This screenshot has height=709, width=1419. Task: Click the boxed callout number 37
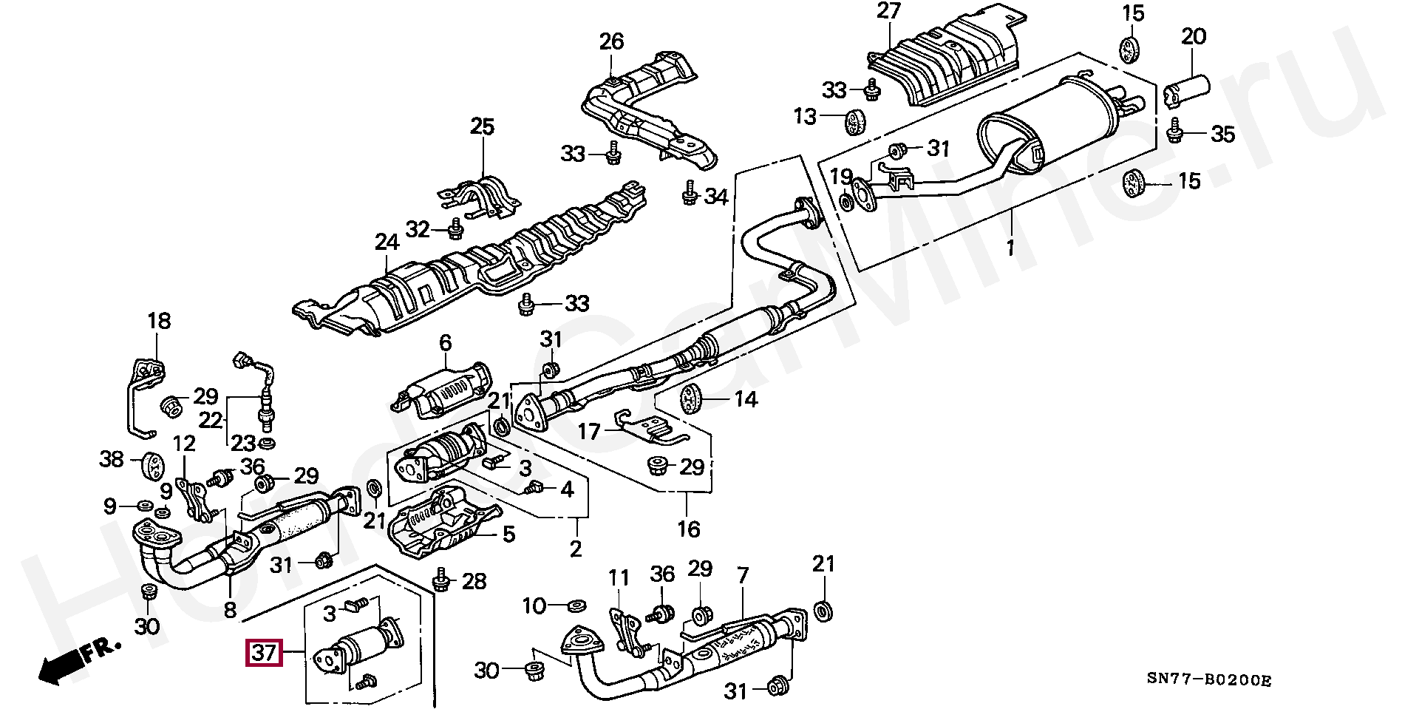(x=264, y=653)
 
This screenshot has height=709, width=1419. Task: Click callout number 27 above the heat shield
(x=889, y=13)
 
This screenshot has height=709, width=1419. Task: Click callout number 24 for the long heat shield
(x=386, y=242)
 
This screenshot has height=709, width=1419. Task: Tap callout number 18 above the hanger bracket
(x=159, y=320)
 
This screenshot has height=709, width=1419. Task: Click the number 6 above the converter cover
(x=445, y=343)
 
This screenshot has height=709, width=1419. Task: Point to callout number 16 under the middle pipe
(x=688, y=529)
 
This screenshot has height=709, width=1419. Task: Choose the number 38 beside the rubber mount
(x=112, y=460)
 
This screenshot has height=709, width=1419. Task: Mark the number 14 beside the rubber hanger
(x=746, y=400)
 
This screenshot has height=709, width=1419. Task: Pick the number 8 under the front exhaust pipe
(x=230, y=610)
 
